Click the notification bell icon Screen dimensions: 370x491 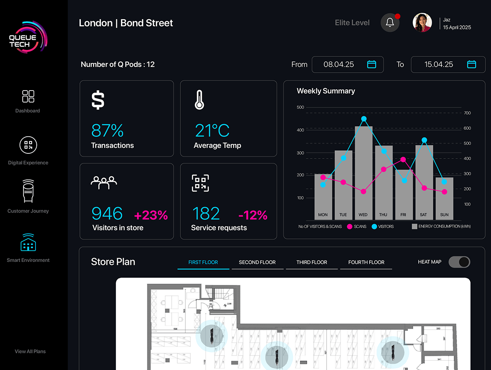point(390,23)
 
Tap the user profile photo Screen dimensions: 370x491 point(422,23)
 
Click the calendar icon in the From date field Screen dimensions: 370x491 point(372,65)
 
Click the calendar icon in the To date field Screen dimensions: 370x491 point(471,65)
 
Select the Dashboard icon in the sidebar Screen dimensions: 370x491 point(28,96)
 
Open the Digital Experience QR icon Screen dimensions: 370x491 point(28,145)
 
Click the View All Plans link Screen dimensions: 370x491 point(30,352)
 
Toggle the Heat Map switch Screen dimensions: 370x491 point(459,262)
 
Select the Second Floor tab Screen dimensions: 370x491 point(257,262)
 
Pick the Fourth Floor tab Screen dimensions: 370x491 point(366,262)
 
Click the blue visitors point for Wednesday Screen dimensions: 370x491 point(364,119)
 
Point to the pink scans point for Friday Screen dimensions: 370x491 point(403,159)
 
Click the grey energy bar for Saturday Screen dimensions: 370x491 point(424,179)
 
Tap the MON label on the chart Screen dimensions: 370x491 point(323,214)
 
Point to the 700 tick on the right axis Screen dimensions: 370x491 point(467,113)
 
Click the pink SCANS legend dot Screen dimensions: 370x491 point(350,226)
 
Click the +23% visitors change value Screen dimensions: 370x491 point(151,215)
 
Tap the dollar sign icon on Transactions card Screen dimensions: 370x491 point(98,100)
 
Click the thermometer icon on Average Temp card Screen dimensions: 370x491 point(199,100)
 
